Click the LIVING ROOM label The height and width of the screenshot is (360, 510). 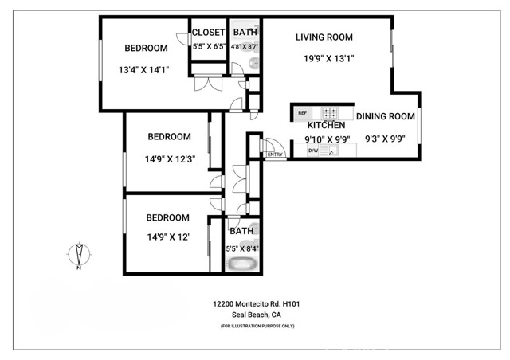(324, 37)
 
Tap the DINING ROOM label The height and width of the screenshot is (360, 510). (386, 116)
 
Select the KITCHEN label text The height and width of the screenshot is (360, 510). (326, 125)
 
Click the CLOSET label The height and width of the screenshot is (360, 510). (208, 33)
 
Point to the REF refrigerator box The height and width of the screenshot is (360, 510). (303, 113)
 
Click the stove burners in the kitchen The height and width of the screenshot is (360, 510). (329, 113)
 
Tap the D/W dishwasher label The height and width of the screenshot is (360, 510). (313, 151)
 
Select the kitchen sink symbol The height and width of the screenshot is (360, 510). (328, 151)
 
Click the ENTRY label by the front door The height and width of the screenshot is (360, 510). (275, 155)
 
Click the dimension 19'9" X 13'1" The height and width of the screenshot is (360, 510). (328, 58)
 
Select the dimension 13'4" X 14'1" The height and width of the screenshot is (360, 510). (143, 70)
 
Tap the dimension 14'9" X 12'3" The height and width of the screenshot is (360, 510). (170, 159)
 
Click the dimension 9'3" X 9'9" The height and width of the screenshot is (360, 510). (385, 139)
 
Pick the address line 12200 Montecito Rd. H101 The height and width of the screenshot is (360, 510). (257, 304)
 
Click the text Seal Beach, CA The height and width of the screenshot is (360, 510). (257, 315)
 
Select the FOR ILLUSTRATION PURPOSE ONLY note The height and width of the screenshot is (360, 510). (257, 326)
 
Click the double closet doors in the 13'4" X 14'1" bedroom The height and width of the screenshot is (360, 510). (209, 84)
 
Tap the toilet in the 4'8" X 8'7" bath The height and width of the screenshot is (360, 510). (254, 63)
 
